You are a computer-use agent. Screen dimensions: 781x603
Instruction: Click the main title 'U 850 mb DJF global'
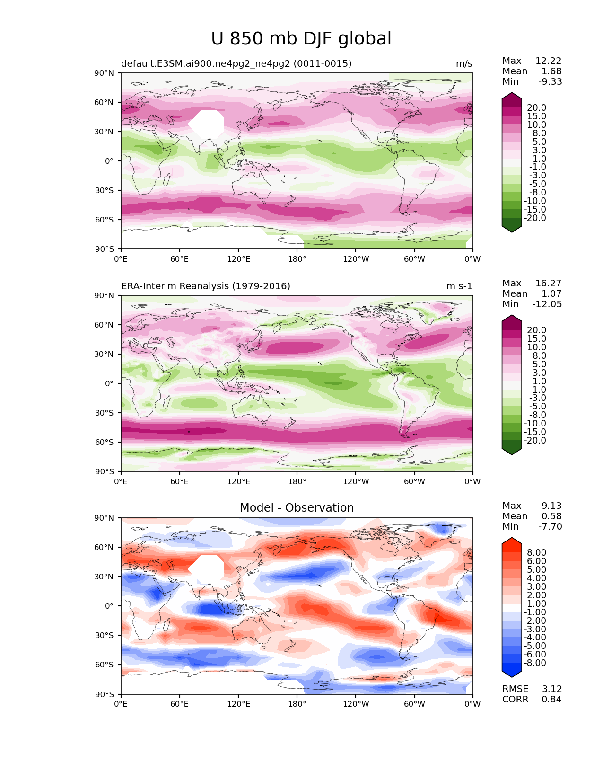tap(301, 39)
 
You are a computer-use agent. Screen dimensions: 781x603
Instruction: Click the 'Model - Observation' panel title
tap(297, 508)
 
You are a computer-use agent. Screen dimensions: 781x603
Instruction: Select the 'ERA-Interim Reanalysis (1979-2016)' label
tap(206, 286)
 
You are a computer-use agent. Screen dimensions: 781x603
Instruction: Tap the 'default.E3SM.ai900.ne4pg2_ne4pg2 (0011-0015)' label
tap(236, 64)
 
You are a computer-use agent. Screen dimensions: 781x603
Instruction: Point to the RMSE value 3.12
tap(551, 689)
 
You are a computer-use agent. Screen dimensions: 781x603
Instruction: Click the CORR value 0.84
tap(551, 700)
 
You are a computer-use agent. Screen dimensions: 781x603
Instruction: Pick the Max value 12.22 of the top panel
tap(548, 61)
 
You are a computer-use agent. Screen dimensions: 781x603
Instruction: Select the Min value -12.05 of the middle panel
tap(547, 304)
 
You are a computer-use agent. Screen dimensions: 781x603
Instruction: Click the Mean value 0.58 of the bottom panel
tap(551, 516)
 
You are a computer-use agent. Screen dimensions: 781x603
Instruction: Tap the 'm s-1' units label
tap(459, 286)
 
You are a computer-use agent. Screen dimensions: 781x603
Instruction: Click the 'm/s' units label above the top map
tap(464, 64)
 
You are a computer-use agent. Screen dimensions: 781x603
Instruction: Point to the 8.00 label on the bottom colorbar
tap(536, 553)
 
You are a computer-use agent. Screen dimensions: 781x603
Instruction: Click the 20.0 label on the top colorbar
tap(536, 108)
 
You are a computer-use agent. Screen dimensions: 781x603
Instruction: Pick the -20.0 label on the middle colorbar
tap(535, 441)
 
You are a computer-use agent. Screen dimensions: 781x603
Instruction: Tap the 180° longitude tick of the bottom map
tap(297, 704)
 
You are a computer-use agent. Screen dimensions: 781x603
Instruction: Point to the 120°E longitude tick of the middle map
tap(238, 482)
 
